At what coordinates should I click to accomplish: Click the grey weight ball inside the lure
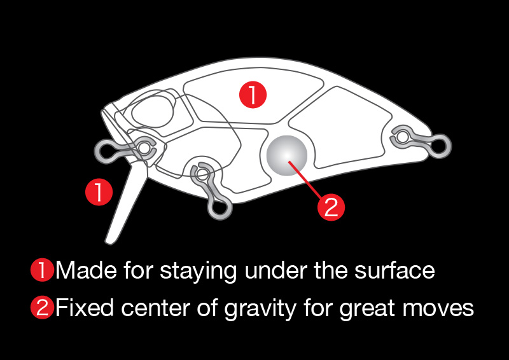[x=287, y=155]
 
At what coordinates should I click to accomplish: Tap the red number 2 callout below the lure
[x=331, y=207]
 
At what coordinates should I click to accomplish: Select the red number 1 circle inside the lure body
[x=253, y=95]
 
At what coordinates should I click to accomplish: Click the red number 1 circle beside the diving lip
[x=99, y=192]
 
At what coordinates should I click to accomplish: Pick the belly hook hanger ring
[x=220, y=208]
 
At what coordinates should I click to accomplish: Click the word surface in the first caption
[x=394, y=270]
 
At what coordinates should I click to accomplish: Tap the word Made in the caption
[x=86, y=270]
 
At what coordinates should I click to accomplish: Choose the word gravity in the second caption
[x=260, y=308]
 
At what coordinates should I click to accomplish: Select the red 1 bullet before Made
[x=42, y=270]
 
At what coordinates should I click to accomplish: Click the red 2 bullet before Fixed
[x=42, y=307]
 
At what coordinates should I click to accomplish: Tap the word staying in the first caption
[x=199, y=272]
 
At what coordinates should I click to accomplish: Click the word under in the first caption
[x=276, y=270]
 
